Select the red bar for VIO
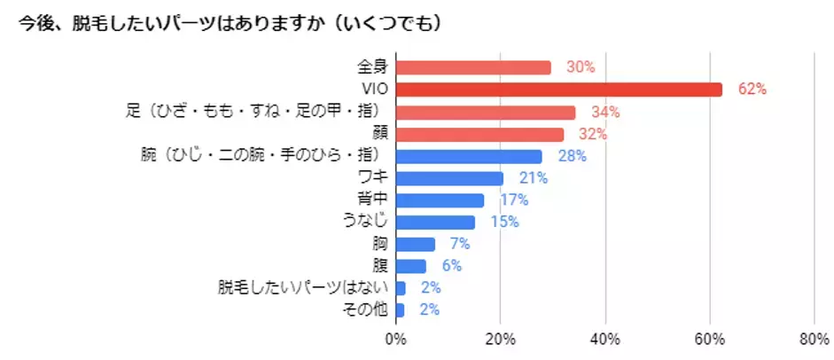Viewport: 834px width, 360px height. [559, 90]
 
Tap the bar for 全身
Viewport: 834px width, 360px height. [473, 67]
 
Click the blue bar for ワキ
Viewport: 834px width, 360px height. [449, 178]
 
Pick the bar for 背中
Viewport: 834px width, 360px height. [440, 200]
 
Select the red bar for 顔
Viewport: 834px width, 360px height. [479, 134]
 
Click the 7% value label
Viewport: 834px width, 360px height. [459, 244]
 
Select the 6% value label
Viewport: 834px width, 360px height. [450, 266]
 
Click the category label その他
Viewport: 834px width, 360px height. [366, 310]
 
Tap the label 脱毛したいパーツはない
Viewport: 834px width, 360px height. [304, 288]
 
